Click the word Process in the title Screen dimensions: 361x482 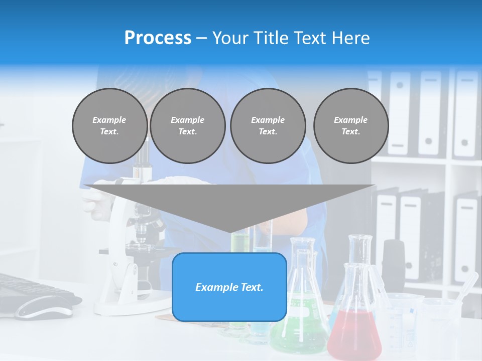[x=158, y=38]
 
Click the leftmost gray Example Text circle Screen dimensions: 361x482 [x=109, y=126]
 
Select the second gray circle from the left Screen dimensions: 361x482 [x=187, y=126]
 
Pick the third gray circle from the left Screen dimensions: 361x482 [x=268, y=126]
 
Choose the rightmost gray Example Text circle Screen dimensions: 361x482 [x=350, y=126]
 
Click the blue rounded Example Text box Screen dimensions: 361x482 [x=229, y=287]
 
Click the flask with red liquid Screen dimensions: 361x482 [x=354, y=331]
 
